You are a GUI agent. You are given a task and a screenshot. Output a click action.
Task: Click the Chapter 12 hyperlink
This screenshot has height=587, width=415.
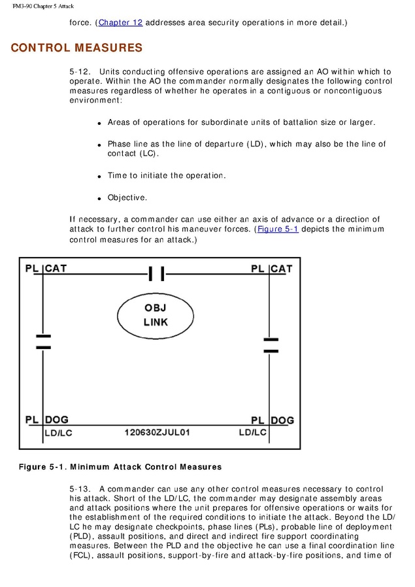[120, 23]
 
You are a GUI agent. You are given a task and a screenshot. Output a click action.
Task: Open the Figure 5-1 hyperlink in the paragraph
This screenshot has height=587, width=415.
[278, 229]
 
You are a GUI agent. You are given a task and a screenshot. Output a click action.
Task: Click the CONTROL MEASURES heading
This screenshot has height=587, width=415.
[76, 48]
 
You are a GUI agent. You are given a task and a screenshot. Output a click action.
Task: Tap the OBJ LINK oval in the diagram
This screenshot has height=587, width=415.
[156, 315]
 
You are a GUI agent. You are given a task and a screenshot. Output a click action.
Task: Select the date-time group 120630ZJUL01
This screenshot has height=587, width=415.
[158, 432]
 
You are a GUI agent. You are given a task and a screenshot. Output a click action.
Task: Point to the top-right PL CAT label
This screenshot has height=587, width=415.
[272, 269]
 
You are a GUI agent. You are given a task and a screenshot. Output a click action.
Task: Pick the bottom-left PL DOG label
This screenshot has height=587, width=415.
[47, 420]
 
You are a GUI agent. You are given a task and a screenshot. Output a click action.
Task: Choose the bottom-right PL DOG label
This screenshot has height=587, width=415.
[273, 420]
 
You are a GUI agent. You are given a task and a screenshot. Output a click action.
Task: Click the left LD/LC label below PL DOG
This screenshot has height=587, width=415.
[58, 433]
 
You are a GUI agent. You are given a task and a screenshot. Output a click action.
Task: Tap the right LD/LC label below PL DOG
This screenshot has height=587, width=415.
[252, 433]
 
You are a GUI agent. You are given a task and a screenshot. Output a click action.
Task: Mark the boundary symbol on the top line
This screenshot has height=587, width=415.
[156, 273]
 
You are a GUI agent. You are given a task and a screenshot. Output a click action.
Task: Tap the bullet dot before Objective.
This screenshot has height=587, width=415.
[99, 198]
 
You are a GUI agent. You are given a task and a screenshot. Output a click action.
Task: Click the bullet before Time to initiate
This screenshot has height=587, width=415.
[99, 176]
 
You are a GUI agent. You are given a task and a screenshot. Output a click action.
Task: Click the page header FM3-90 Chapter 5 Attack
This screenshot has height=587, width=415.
[43, 6]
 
